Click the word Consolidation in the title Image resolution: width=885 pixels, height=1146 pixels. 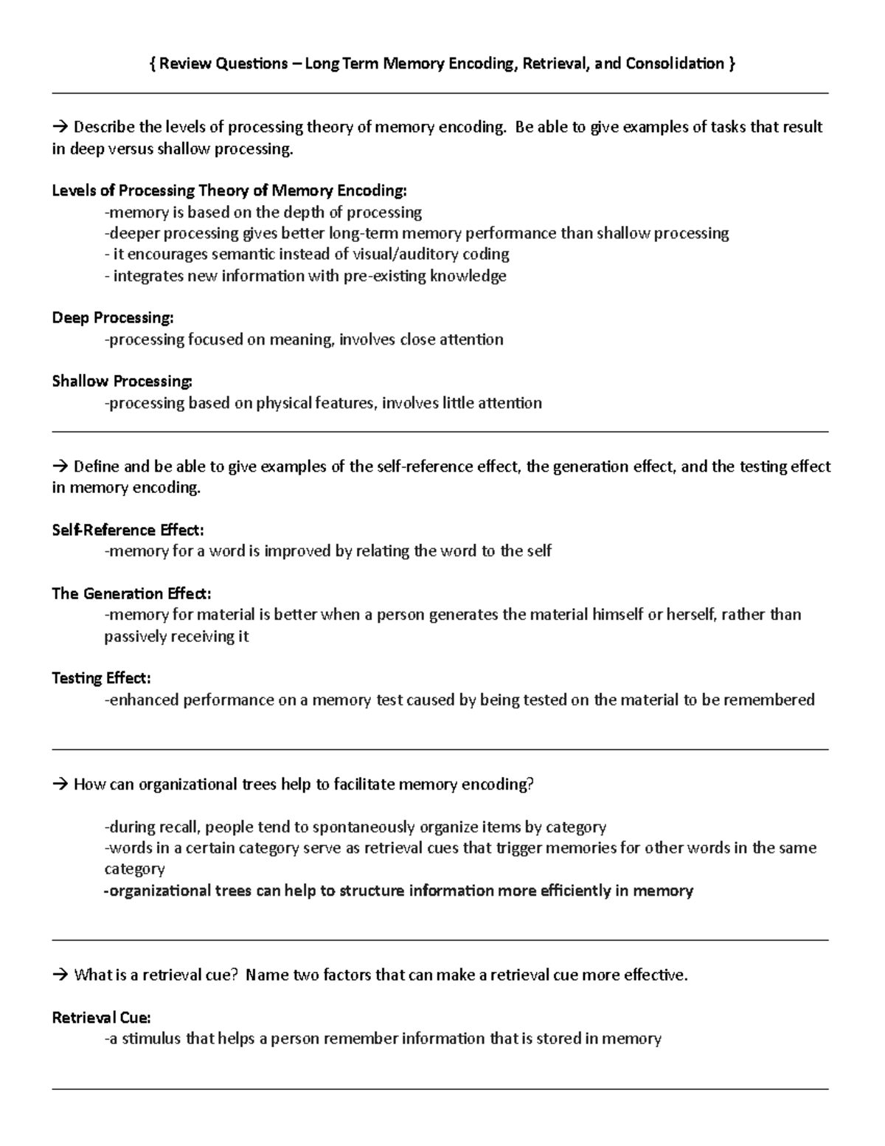coord(674,63)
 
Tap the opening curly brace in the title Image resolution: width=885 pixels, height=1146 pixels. coord(152,63)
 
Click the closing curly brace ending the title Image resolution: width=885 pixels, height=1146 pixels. coord(732,63)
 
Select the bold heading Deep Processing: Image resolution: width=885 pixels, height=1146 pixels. coord(113,318)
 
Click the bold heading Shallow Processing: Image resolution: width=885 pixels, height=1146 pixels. coord(122,382)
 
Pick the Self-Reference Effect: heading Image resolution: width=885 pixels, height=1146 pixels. coord(128,530)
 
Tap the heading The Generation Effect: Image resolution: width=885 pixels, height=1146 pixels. coord(131,593)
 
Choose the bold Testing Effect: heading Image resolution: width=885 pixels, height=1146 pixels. coord(101,678)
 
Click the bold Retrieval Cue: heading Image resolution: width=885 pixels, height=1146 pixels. coord(101,1018)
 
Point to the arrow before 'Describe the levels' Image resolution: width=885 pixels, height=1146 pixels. coord(60,127)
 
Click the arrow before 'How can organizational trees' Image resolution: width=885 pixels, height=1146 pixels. coord(60,784)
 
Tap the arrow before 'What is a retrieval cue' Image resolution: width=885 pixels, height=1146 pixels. coord(60,976)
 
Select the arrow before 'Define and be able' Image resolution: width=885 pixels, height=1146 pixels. coord(60,466)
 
